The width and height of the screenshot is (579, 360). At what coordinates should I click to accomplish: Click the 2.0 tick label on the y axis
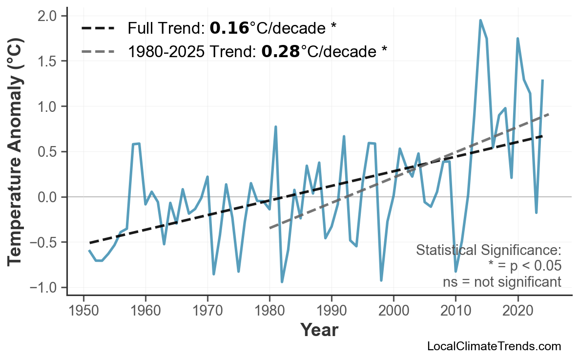tap(48, 16)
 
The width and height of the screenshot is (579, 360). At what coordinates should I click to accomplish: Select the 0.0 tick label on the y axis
tap(48, 197)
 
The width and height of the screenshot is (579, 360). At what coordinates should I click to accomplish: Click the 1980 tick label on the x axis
tap(269, 310)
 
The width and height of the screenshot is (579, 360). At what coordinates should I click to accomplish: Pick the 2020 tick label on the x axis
tap(517, 310)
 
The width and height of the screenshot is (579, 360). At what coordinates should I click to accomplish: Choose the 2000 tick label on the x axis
tap(393, 310)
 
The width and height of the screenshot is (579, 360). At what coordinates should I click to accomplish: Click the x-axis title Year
tap(319, 331)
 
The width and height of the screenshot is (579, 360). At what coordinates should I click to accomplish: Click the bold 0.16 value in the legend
tap(229, 28)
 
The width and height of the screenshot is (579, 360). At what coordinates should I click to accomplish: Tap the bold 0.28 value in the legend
tap(280, 51)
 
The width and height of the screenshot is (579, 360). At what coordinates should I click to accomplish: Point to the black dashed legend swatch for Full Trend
tap(98, 28)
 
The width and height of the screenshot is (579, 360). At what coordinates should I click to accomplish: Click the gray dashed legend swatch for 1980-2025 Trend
tap(98, 51)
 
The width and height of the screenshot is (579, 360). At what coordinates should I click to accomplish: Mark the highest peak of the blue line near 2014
tap(480, 21)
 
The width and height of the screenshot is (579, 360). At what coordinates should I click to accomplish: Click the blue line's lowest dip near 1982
tap(282, 282)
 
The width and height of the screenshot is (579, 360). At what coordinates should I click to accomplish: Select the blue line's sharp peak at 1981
tap(276, 127)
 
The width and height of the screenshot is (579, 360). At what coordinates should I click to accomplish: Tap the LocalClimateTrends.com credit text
tap(494, 346)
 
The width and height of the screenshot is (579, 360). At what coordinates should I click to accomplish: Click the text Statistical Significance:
tap(488, 250)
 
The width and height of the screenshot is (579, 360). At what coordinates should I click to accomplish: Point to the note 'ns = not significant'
tap(502, 282)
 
